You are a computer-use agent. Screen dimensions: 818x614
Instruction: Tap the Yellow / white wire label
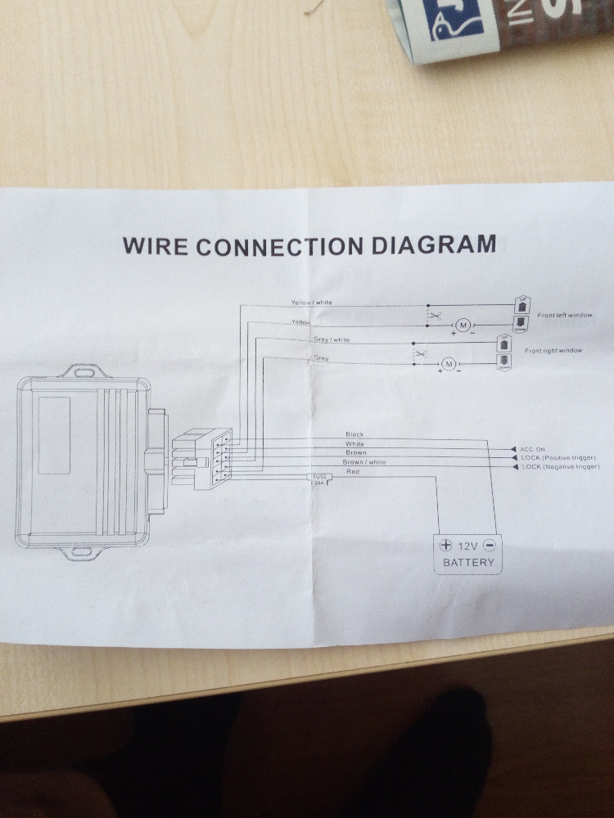click(x=311, y=303)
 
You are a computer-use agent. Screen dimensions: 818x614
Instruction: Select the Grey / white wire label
click(x=332, y=339)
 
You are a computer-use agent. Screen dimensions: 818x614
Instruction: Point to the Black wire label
click(x=354, y=434)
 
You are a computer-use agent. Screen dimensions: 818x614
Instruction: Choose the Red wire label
click(x=353, y=472)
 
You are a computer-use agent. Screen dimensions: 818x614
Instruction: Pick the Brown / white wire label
click(x=364, y=462)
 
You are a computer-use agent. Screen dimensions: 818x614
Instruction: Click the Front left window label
click(x=565, y=315)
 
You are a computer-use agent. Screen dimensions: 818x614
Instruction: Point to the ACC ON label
click(x=533, y=449)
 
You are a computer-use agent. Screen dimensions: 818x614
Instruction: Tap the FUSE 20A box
click(x=318, y=479)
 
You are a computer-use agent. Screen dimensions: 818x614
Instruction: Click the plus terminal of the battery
click(x=445, y=545)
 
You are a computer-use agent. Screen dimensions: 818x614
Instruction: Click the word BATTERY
click(x=467, y=563)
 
